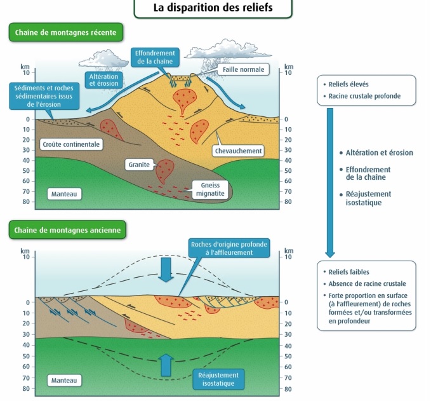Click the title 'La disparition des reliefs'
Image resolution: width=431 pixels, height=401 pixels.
tap(213, 8)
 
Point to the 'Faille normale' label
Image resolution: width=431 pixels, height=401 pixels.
tap(242, 69)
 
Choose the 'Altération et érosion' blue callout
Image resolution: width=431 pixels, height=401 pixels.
tap(103, 80)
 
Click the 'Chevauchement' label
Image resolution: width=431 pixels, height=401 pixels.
tap(239, 151)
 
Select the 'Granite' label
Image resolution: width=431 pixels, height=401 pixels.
tap(139, 164)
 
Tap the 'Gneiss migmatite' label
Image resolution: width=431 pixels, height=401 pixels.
tap(209, 189)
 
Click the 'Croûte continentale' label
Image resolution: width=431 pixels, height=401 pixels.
tap(71, 144)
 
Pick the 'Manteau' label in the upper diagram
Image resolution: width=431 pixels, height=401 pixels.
tap(63, 193)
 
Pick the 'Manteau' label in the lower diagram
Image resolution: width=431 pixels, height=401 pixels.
tap(63, 380)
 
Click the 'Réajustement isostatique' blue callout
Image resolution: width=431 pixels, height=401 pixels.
tap(218, 379)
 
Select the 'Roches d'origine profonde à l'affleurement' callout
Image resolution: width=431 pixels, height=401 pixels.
tap(229, 248)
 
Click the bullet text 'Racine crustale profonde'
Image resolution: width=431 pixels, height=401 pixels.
tap(364, 97)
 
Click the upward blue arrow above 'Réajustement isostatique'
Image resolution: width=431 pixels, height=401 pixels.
tap(166, 364)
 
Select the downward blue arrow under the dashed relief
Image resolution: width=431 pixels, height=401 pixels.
tap(166, 268)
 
